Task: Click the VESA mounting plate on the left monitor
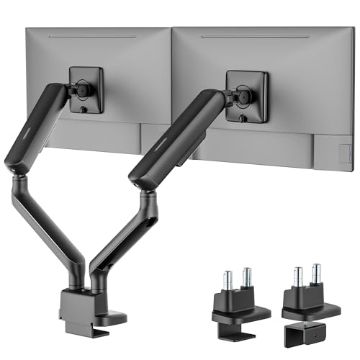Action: coord(86,89)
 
